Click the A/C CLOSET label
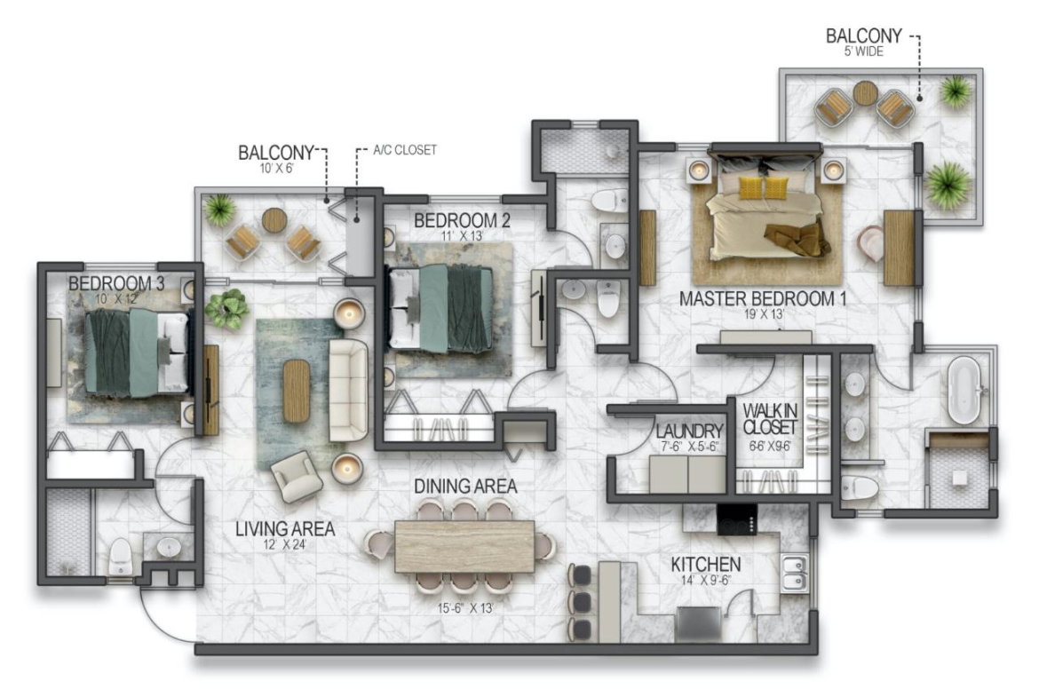click(x=405, y=150)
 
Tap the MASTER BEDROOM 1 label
click(x=763, y=299)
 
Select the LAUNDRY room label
click(x=689, y=432)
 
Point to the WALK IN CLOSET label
click(x=770, y=419)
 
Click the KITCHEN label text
click(x=706, y=565)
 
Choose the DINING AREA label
click(x=465, y=487)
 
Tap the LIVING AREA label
click(x=285, y=528)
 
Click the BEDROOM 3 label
click(x=116, y=283)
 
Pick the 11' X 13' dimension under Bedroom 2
click(x=462, y=236)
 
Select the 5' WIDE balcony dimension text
click(x=863, y=51)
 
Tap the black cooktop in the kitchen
click(x=737, y=519)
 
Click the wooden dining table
click(x=464, y=547)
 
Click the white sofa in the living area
click(x=348, y=391)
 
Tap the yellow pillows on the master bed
click(x=764, y=187)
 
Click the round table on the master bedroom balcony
click(x=866, y=92)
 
